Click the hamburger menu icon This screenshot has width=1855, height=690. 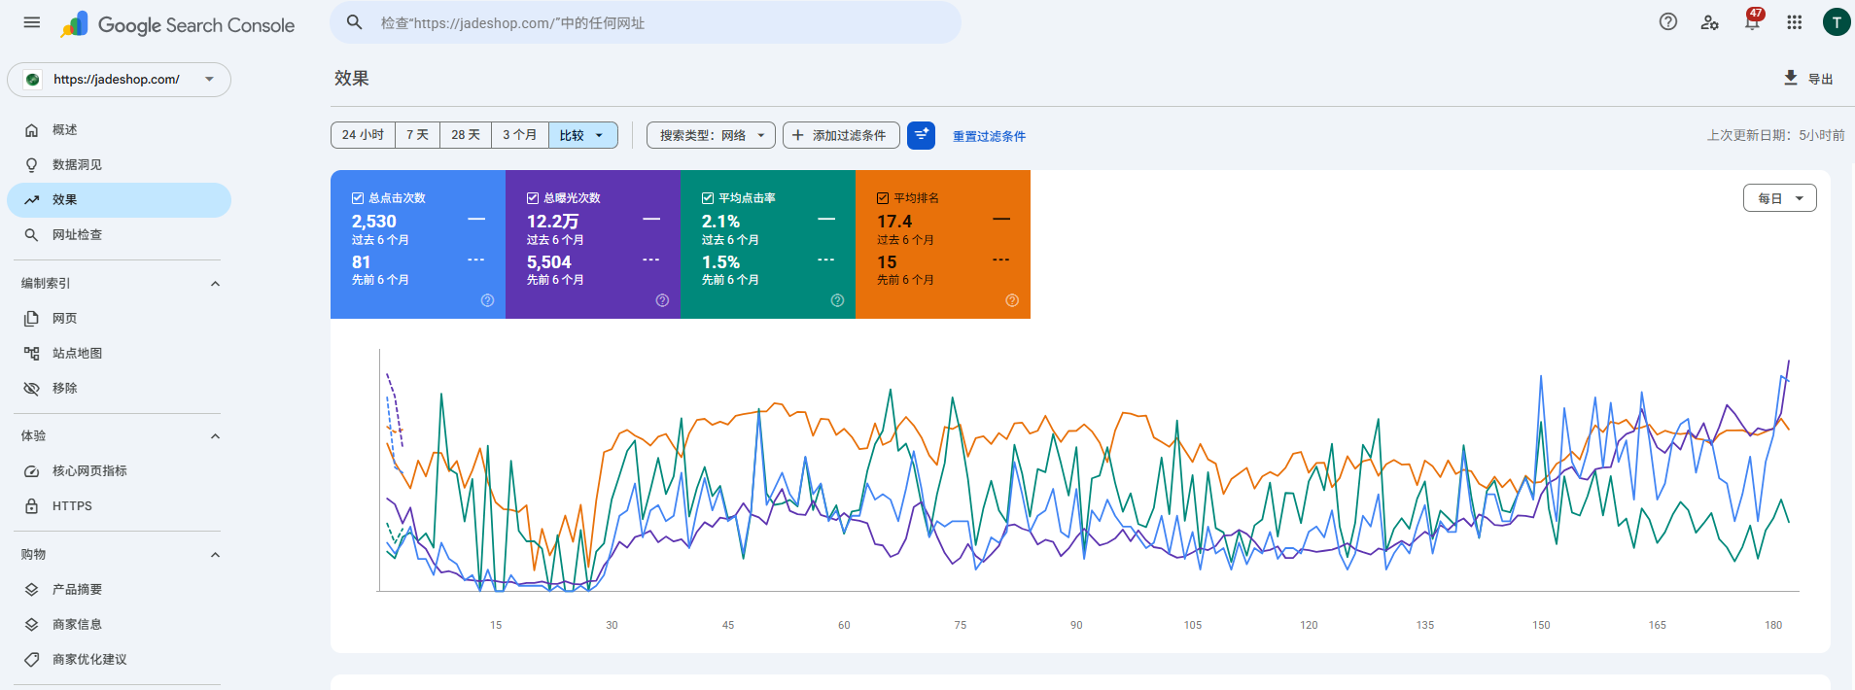32,22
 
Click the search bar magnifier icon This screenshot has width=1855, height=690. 355,22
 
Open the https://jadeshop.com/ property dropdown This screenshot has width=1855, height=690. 119,80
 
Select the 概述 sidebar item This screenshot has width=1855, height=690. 64,130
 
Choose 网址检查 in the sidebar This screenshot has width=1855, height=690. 77,235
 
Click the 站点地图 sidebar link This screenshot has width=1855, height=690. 77,354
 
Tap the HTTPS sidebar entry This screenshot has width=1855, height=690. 72,506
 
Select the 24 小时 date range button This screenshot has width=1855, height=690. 363,135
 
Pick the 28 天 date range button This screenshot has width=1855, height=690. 466,135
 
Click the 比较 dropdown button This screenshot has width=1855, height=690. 583,135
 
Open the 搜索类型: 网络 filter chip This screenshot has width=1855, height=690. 711,135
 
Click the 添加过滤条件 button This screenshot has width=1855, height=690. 841,135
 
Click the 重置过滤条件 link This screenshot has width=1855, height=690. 989,136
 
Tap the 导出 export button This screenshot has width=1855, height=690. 1808,79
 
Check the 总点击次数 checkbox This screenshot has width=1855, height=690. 358,198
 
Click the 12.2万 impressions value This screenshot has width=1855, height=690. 553,222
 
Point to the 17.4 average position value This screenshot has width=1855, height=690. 894,222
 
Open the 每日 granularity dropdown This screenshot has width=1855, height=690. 1779,198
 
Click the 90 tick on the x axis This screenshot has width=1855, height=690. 1076,625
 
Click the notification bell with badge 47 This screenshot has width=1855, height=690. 1752,21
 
